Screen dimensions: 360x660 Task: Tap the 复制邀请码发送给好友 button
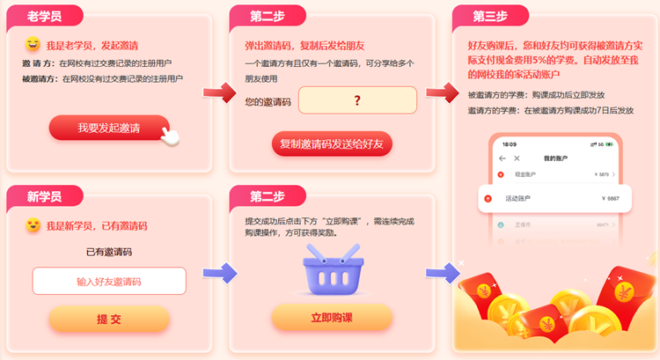(x=331, y=143)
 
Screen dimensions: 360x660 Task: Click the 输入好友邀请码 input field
(x=109, y=281)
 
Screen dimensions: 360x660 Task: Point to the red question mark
(x=357, y=100)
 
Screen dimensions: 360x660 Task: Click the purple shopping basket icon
(x=331, y=268)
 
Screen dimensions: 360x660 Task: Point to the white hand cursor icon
(x=174, y=135)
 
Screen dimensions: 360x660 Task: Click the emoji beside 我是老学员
(x=33, y=44)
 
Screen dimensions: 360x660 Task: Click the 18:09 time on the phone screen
(x=510, y=143)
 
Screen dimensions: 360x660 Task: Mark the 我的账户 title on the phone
(x=557, y=158)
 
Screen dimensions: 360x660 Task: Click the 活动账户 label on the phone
(x=518, y=198)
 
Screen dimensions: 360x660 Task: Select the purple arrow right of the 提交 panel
(x=215, y=274)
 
